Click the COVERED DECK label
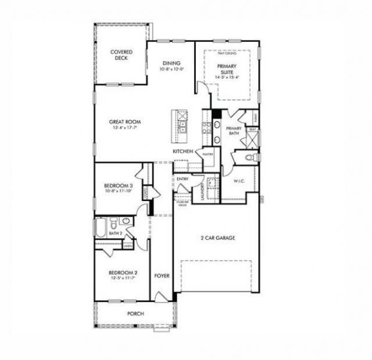pyautogui.click(x=121, y=55)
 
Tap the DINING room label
pyautogui.click(x=171, y=63)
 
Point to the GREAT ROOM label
pyautogui.click(x=126, y=122)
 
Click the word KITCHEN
pyautogui.click(x=183, y=151)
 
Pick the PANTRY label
pyautogui.click(x=208, y=154)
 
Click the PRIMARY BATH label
pyautogui.click(x=234, y=131)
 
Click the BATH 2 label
pyautogui.click(x=116, y=233)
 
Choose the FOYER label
pyautogui.click(x=162, y=276)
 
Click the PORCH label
pyautogui.click(x=135, y=314)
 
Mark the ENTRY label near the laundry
pyautogui.click(x=182, y=179)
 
